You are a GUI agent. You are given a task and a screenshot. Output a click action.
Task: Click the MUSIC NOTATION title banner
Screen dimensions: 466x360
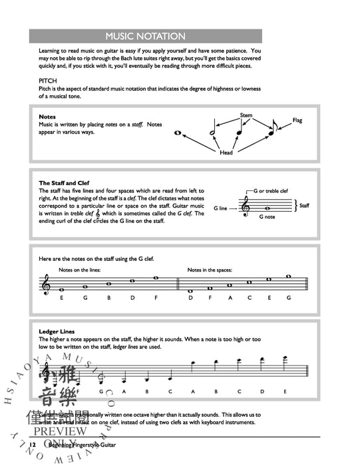click(146, 37)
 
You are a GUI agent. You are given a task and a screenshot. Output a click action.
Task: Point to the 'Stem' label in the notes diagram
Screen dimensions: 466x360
click(246, 115)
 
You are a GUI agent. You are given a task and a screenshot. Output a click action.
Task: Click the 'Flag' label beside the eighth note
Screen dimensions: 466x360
click(297, 120)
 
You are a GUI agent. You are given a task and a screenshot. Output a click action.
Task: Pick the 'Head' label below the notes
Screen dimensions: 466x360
click(226, 152)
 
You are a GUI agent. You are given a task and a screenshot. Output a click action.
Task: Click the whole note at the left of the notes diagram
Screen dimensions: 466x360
click(178, 133)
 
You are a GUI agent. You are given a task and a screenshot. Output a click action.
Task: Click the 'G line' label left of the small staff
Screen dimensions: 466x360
click(220, 208)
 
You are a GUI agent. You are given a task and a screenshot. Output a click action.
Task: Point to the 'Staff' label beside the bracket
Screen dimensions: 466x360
click(304, 206)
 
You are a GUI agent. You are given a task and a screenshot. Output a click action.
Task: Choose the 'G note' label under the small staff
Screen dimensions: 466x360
click(266, 217)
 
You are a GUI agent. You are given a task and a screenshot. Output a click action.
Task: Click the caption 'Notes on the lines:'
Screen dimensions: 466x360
click(77, 270)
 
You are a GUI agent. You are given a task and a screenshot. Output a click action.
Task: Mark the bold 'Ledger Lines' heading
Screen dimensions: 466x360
click(57, 331)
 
